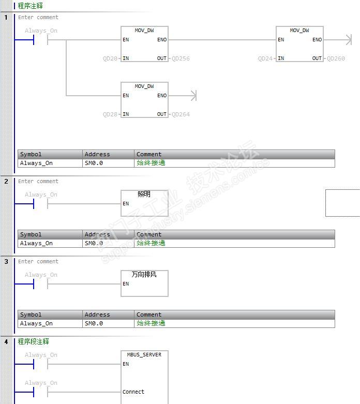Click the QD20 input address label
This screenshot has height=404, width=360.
click(111, 58)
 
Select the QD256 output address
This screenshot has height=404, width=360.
click(181, 58)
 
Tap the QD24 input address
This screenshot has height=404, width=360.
click(265, 58)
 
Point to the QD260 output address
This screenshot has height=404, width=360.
click(336, 58)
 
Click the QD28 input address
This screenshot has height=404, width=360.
click(111, 114)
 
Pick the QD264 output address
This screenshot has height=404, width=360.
click(181, 114)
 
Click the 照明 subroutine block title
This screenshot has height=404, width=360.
click(144, 194)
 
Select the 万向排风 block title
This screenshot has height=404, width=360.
click(144, 275)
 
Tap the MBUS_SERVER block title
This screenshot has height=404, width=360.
click(144, 355)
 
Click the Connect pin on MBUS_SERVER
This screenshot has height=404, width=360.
click(133, 392)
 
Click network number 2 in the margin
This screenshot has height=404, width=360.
click(6, 181)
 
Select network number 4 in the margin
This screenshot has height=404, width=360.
click(6, 341)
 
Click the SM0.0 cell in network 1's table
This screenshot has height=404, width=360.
click(94, 163)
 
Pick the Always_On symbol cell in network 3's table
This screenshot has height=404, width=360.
click(36, 323)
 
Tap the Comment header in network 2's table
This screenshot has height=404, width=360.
click(149, 234)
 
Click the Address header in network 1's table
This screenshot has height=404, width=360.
click(97, 154)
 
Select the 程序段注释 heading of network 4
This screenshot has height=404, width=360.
click(34, 341)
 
